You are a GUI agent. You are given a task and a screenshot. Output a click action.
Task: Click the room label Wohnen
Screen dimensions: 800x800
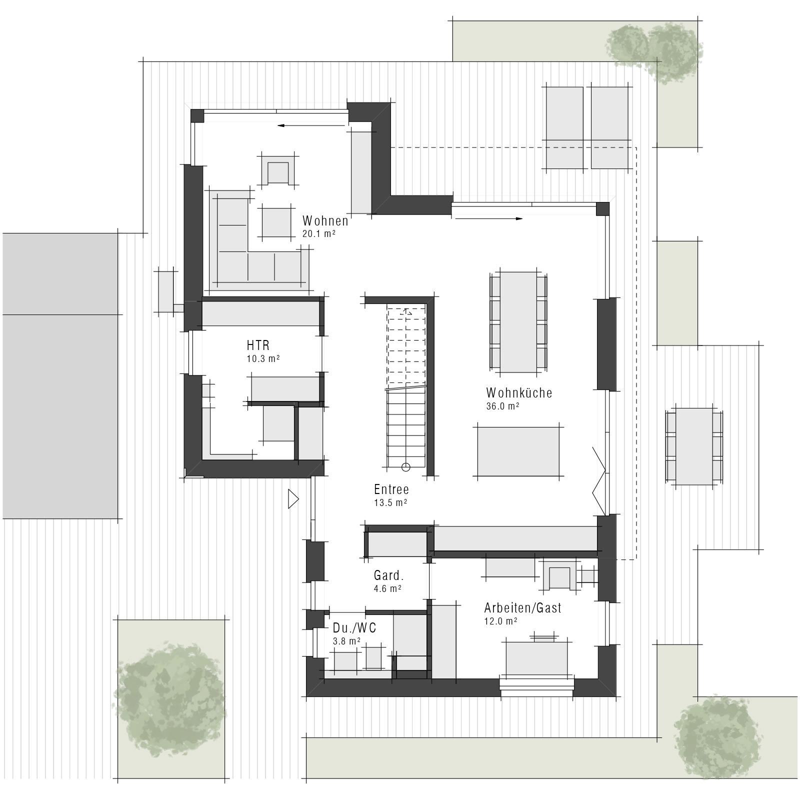[325, 220]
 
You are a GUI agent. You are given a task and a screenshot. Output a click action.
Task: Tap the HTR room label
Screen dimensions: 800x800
[258, 345]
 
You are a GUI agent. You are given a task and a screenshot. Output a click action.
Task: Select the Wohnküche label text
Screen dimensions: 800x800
[519, 392]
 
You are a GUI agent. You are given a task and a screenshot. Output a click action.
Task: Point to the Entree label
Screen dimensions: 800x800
[391, 489]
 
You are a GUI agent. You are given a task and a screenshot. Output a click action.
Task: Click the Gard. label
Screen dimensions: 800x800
[388, 575]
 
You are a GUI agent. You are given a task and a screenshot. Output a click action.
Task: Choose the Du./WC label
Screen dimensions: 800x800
[354, 628]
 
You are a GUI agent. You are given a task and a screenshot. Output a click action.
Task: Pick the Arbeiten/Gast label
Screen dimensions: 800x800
[522, 608]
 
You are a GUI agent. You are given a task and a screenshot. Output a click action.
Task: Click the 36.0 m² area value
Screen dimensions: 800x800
[502, 406]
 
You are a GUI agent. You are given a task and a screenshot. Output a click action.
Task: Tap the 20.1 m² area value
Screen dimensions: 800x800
[318, 233]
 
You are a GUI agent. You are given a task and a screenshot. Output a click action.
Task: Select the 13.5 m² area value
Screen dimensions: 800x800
[390, 502]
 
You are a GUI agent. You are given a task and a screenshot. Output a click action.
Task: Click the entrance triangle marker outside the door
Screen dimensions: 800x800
[293, 499]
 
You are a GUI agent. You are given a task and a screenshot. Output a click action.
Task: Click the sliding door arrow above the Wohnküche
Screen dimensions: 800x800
[489, 218]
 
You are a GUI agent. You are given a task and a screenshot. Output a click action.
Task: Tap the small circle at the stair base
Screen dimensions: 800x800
[405, 467]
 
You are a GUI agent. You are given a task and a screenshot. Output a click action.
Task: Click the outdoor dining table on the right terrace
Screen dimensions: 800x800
[694, 446]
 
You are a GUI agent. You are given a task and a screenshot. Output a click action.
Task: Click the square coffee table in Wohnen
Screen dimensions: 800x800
[276, 222]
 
